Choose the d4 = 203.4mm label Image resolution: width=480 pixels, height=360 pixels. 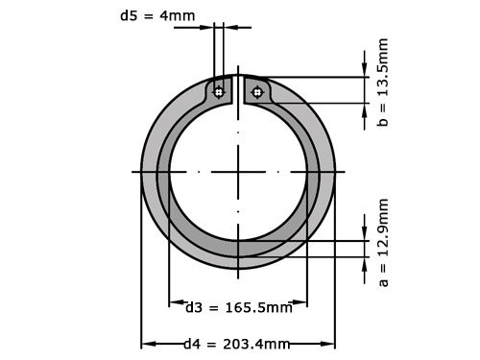(x=237, y=344)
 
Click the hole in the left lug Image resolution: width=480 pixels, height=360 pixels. (x=219, y=92)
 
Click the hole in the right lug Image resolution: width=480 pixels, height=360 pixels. (x=256, y=92)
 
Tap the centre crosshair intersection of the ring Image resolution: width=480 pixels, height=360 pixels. (x=238, y=172)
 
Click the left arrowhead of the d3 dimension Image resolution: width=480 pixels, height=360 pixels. (x=174, y=307)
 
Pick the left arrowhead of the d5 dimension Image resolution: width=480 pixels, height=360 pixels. (x=208, y=27)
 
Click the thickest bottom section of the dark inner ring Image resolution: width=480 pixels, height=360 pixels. (x=238, y=249)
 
